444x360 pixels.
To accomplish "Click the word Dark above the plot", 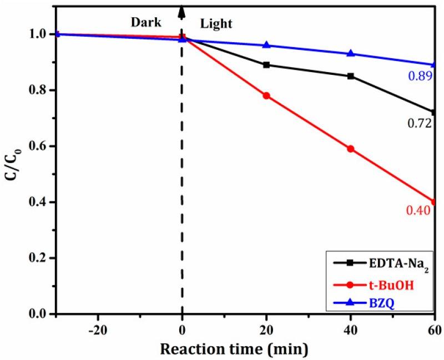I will point(145,23).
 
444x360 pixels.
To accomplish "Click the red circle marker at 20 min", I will point(266,95).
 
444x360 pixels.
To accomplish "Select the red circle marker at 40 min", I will point(351,149).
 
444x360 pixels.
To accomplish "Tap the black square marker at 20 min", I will point(266,65).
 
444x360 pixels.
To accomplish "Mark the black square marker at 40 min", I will point(351,76).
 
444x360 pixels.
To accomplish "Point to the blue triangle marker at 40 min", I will point(351,53).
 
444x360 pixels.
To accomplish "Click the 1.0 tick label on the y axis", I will point(40,34).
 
